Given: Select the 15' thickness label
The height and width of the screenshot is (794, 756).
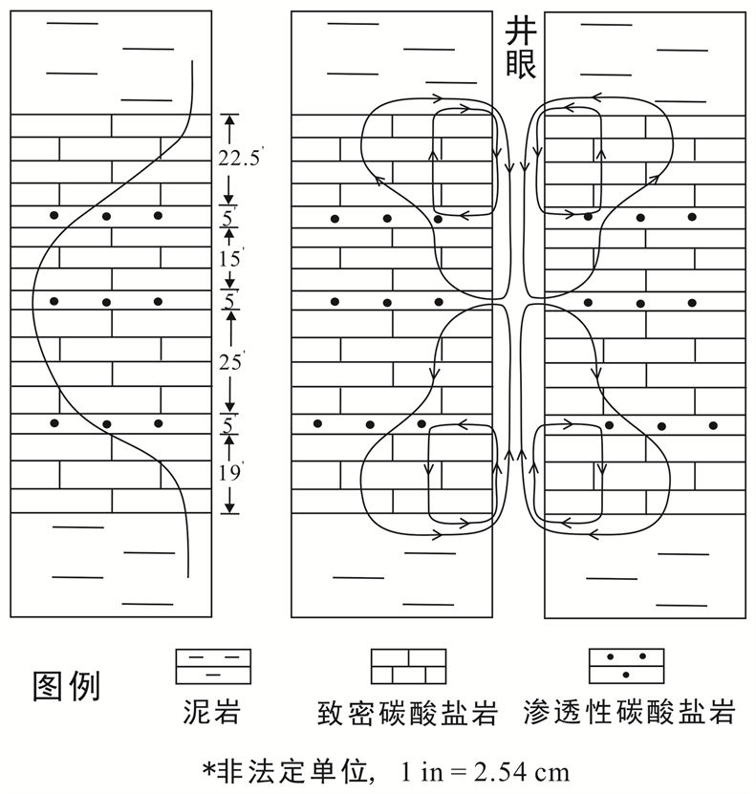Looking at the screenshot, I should tap(229, 258).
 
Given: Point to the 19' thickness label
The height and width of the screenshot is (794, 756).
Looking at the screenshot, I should tap(228, 470).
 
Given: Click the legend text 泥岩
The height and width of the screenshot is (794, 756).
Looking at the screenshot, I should tap(212, 712).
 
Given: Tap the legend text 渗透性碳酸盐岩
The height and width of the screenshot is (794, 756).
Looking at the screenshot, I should tap(630, 713).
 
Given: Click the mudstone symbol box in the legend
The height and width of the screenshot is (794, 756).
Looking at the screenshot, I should tap(212, 666).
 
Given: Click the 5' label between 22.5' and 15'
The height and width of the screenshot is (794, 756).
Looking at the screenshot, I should tap(227, 218).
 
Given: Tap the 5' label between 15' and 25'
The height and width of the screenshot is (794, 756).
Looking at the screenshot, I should tap(228, 302).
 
